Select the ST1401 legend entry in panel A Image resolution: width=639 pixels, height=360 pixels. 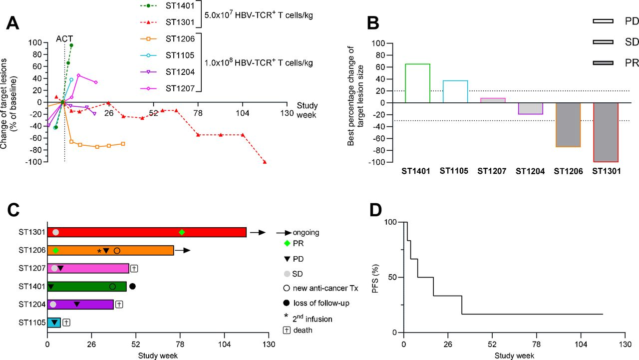(x=180, y=5)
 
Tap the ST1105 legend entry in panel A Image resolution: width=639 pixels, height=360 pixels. (x=180, y=55)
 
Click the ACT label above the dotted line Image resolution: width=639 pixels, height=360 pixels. (x=64, y=39)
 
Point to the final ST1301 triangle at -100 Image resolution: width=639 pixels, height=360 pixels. (x=265, y=162)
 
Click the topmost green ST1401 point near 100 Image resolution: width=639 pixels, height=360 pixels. (x=71, y=45)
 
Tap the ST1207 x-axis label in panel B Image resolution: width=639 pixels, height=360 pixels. (x=492, y=171)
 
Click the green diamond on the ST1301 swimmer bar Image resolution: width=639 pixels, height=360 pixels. (x=182, y=232)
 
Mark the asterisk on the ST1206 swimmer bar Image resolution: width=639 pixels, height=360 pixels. (x=99, y=251)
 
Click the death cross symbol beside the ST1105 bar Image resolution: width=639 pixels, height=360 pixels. (x=66, y=323)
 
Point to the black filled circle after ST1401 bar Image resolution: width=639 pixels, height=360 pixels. (x=132, y=286)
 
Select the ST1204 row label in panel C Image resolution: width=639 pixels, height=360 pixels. (x=31, y=304)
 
